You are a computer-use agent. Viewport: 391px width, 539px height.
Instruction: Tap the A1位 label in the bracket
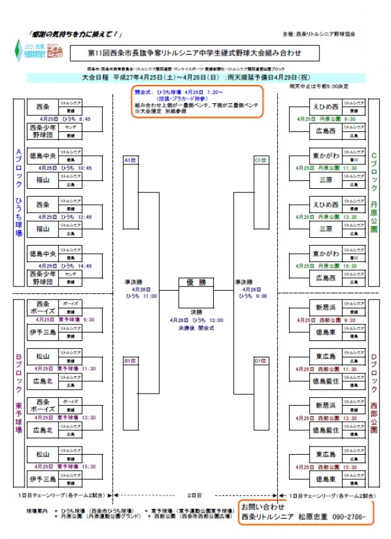coord(130,160)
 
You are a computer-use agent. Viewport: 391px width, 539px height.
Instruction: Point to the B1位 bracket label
coord(130,361)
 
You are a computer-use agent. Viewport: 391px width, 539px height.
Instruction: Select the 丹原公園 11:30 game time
coord(325,167)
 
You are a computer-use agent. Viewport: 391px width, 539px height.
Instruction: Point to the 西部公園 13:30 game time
coord(325,418)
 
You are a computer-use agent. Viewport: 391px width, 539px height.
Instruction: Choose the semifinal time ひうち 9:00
coord(248,296)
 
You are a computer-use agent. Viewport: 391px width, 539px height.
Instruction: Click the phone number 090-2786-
coord(349,517)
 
